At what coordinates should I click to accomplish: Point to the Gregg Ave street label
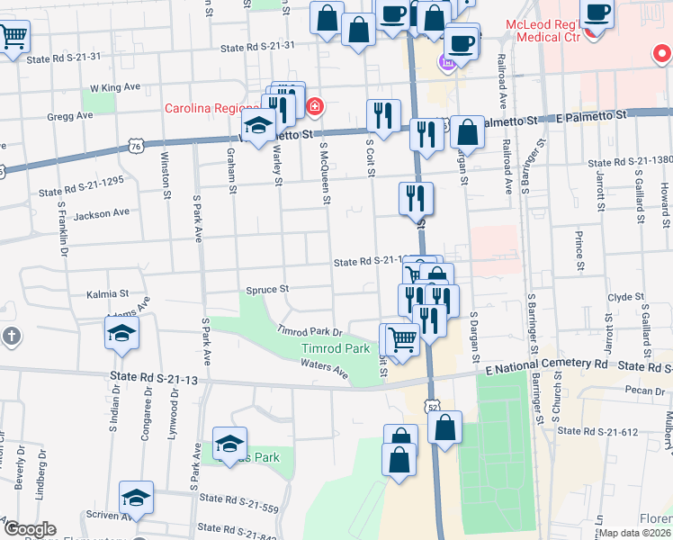tap(73, 116)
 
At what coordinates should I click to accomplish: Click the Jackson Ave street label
tap(102, 213)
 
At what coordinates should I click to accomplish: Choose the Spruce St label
tap(267, 290)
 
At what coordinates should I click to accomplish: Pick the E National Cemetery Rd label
tap(546, 363)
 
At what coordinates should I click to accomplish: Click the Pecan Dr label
tap(647, 391)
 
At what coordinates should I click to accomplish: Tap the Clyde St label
tap(621, 296)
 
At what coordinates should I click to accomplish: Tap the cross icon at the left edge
tap(11, 337)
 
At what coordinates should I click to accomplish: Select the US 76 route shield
tap(135, 145)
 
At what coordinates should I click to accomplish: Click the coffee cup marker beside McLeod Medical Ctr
tap(596, 12)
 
